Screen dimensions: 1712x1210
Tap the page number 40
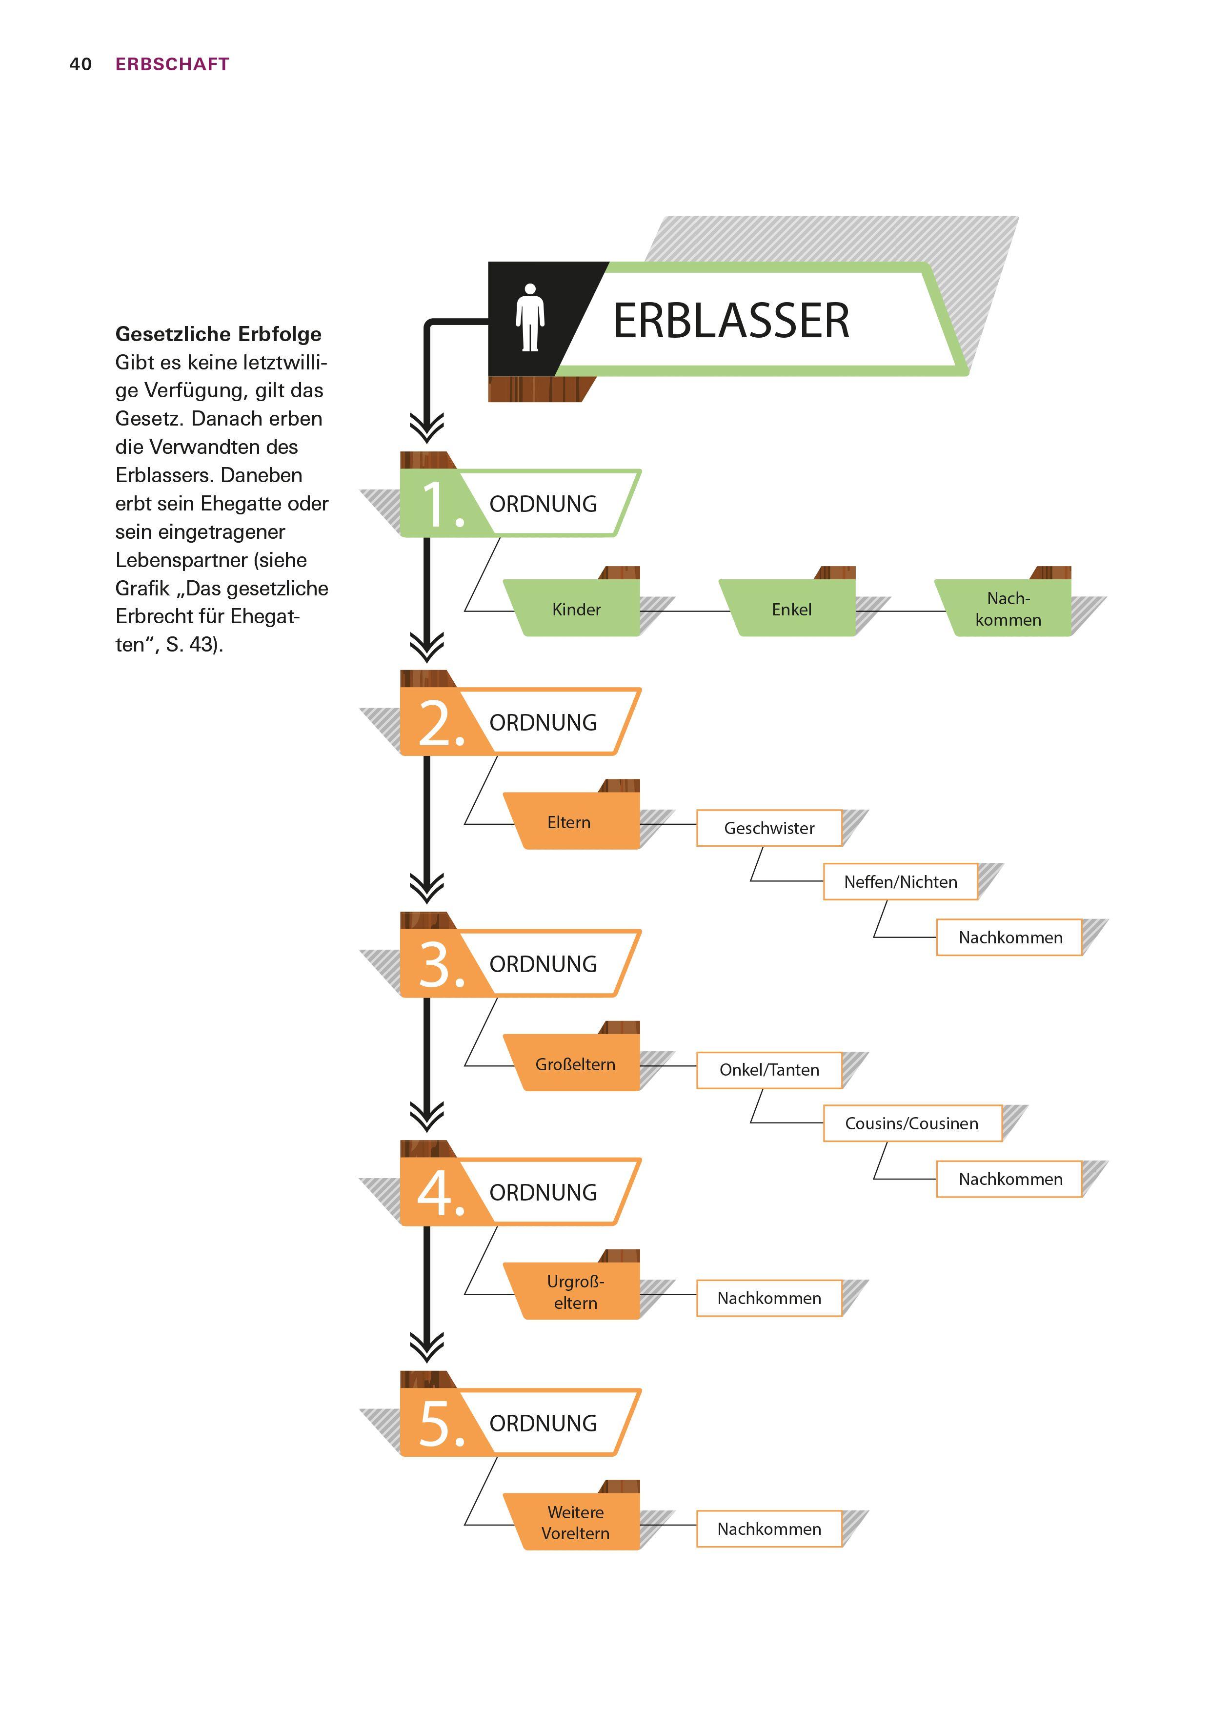click(x=81, y=64)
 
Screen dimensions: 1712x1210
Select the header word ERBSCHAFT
click(x=172, y=64)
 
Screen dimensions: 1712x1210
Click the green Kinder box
click(x=576, y=609)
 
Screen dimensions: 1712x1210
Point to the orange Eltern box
click(x=569, y=822)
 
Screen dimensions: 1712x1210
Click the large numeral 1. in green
click(x=442, y=505)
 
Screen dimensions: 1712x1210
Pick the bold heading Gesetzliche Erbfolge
click(x=219, y=334)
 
